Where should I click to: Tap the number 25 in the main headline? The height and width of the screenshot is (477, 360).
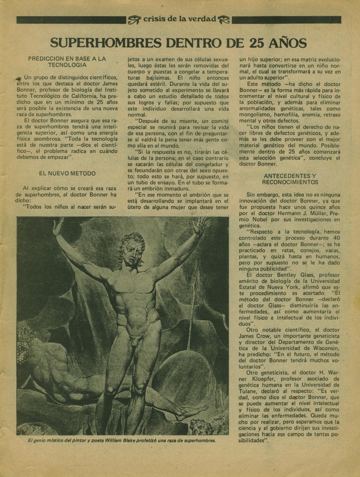pos(258,43)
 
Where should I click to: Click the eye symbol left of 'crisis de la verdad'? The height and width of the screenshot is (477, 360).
pos(134,20)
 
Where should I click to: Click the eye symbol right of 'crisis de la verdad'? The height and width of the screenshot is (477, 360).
pos(224,20)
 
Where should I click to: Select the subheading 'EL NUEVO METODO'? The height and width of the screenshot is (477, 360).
pos(67,173)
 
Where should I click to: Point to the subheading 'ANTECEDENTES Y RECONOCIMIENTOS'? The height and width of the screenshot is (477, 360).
pos(290,179)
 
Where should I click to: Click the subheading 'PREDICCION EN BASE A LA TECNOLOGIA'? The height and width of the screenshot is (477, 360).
pos(67,62)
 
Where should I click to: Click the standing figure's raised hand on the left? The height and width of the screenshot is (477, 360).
pos(58,225)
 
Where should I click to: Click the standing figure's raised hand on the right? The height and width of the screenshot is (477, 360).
pos(201,225)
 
